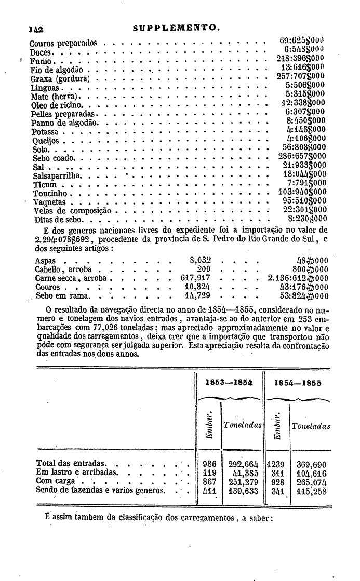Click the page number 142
point(36,30)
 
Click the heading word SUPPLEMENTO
point(177,30)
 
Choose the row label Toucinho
point(50,193)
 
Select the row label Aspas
point(45,260)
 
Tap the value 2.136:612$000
point(298,278)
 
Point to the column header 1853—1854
point(229,382)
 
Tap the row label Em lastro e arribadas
point(77,472)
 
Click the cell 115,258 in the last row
point(311,490)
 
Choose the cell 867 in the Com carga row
point(209,481)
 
